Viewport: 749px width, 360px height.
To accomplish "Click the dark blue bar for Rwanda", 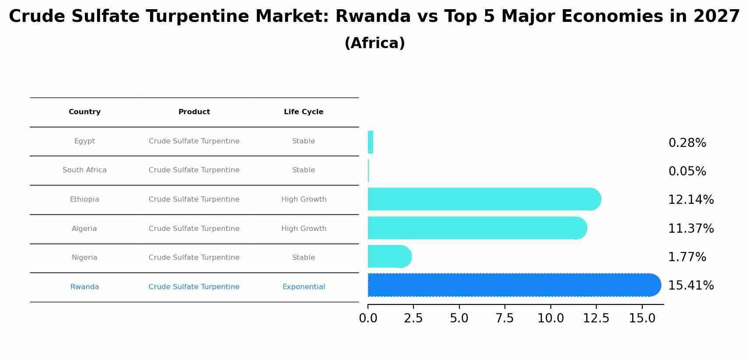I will pyautogui.click(x=512, y=285).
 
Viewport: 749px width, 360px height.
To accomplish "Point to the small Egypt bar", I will pyautogui.click(x=371, y=142).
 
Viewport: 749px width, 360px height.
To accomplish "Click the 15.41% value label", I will pyautogui.click(x=691, y=286).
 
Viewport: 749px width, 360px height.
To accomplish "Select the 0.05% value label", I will pyautogui.click(x=687, y=171).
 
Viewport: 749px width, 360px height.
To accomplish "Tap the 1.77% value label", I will pyautogui.click(x=687, y=257).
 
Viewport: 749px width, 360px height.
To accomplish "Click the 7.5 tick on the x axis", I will pyautogui.click(x=504, y=318).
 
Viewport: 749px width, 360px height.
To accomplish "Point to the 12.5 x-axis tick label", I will pyautogui.click(x=596, y=318).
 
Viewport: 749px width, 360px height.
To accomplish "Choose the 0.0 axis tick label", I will pyautogui.click(x=368, y=318).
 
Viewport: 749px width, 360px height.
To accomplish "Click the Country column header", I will pyautogui.click(x=84, y=112).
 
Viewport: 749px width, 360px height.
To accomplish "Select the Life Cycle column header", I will pyautogui.click(x=304, y=112).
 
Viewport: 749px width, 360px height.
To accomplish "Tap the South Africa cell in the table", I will pyautogui.click(x=84, y=170).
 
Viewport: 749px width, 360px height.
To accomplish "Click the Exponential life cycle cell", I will pyautogui.click(x=304, y=287).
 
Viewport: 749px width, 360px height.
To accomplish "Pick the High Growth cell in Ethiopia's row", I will pyautogui.click(x=304, y=199).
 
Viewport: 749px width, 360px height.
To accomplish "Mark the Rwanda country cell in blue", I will pyautogui.click(x=84, y=287).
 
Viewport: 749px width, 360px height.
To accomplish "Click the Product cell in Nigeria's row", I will pyautogui.click(x=194, y=258).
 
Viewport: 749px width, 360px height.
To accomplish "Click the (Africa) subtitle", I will pyautogui.click(x=374, y=43).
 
